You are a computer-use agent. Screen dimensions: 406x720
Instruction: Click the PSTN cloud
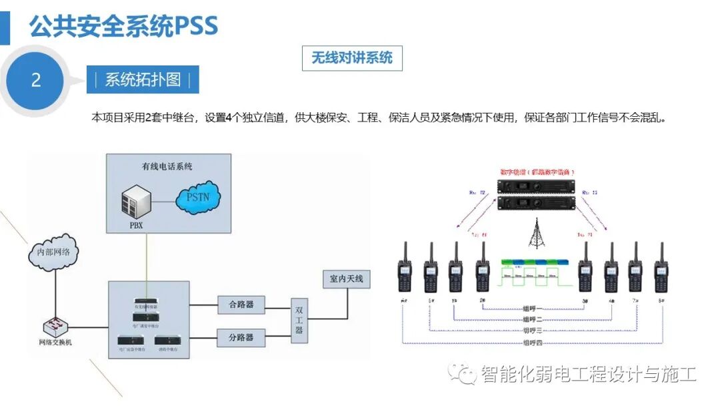pyautogui.click(x=203, y=197)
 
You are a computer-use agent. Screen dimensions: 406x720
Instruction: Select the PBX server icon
pyautogui.click(x=136, y=202)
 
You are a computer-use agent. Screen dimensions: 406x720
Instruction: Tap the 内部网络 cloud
pyautogui.click(x=54, y=254)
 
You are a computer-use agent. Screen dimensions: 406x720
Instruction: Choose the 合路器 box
pyautogui.click(x=241, y=304)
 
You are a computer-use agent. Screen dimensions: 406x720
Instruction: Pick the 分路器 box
pyautogui.click(x=241, y=337)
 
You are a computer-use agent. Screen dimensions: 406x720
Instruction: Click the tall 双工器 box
pyautogui.click(x=299, y=321)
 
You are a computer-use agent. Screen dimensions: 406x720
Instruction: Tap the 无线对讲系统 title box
pyautogui.click(x=352, y=58)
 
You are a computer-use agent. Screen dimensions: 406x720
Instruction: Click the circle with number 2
pyautogui.click(x=36, y=80)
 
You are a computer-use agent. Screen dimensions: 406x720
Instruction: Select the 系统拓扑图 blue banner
pyautogui.click(x=143, y=79)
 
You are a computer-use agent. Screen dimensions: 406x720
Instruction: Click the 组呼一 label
pyautogui.click(x=533, y=309)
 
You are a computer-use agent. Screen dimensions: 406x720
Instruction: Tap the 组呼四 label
pyautogui.click(x=533, y=343)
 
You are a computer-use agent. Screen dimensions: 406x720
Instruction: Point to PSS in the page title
pyautogui.click(x=196, y=27)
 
